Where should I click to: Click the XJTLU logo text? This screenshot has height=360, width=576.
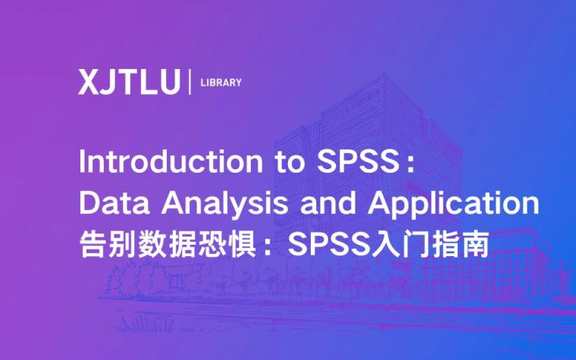pyautogui.click(x=129, y=82)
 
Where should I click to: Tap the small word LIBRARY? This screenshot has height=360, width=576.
pyautogui.click(x=221, y=83)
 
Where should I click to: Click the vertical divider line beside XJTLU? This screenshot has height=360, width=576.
pyautogui.click(x=189, y=82)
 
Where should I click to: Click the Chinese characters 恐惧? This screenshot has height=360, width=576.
pyautogui.click(x=221, y=245)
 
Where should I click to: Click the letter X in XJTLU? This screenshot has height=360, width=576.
pyautogui.click(x=88, y=82)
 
